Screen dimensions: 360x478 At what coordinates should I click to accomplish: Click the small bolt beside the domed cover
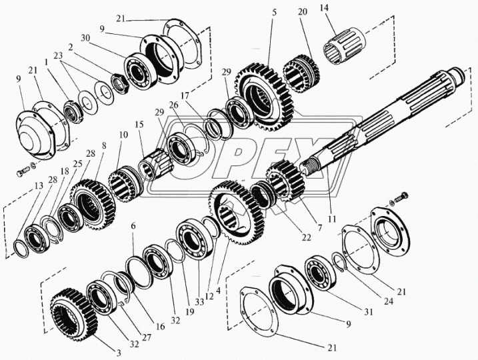pos(19,171)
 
